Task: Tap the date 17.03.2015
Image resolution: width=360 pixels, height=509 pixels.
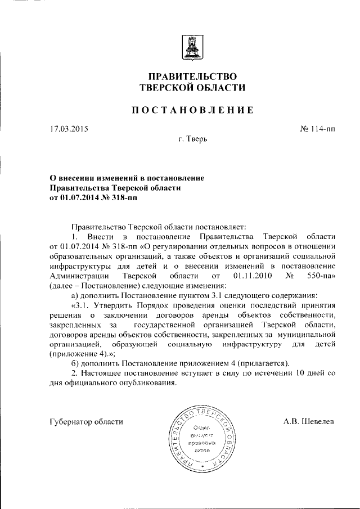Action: point(69,129)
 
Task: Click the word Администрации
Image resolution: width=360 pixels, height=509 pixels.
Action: point(79,276)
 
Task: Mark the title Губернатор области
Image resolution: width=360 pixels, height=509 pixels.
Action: point(86,421)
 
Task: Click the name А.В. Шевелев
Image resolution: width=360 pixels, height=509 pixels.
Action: point(309,421)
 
